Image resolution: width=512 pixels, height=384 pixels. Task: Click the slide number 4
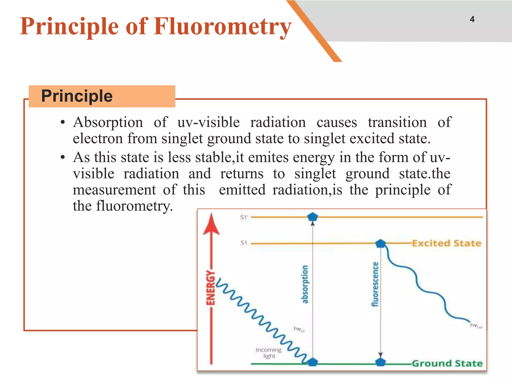472,19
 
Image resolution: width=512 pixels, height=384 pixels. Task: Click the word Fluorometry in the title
222,26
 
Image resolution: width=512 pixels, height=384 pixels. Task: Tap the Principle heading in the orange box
77,96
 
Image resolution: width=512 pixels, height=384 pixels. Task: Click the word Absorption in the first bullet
108,122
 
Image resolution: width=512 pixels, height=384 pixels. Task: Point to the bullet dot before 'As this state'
63,157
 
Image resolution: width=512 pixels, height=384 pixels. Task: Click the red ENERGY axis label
210,287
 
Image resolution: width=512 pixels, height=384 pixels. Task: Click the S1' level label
244,217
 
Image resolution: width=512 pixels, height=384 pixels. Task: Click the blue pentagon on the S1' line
312,216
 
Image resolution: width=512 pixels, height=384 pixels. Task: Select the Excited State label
446,243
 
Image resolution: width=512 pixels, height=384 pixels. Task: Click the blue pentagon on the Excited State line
380,243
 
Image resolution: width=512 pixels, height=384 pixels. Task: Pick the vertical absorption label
305,284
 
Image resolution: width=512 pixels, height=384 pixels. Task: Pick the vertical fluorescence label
375,284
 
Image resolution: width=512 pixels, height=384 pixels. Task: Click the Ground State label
447,363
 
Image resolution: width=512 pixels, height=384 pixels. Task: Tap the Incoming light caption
269,352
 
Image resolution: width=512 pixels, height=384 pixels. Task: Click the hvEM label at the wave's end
476,325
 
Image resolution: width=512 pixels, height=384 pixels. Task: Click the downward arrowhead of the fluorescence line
380,355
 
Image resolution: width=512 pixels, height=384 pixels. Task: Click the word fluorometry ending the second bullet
134,206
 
